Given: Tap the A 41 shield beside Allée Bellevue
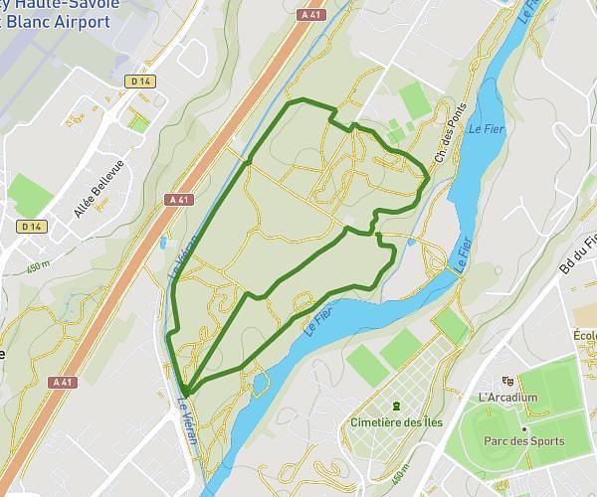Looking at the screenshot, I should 179,199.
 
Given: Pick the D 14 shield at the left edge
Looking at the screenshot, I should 32,227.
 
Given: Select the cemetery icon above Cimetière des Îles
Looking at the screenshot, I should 397,406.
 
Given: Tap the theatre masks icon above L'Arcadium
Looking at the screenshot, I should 508,382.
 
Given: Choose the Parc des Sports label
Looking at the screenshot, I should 523,441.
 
